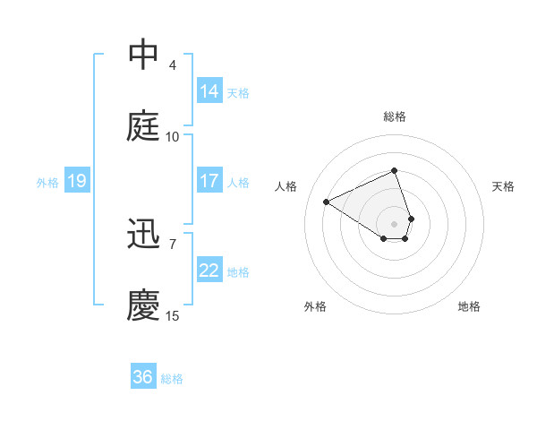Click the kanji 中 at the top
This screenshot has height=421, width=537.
pyautogui.click(x=144, y=55)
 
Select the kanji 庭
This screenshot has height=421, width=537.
pyautogui.click(x=144, y=126)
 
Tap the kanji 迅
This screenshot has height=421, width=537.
pyautogui.click(x=144, y=235)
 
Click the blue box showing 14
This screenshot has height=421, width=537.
pyautogui.click(x=209, y=91)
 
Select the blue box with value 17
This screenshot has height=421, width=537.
pyautogui.click(x=209, y=181)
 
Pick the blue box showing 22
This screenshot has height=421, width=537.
pyautogui.click(x=209, y=271)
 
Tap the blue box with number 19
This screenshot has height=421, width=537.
pyautogui.click(x=76, y=182)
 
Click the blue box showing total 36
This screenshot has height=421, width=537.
pyautogui.click(x=143, y=378)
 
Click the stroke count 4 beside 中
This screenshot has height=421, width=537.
pyautogui.click(x=173, y=64)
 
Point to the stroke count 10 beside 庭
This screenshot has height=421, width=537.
pyautogui.click(x=173, y=136)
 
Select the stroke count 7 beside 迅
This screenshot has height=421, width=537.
pyautogui.click(x=173, y=244)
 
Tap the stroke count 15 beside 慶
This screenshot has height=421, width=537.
pyautogui.click(x=173, y=315)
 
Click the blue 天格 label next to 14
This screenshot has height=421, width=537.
pyautogui.click(x=238, y=92)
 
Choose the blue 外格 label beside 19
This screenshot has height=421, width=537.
pyautogui.click(x=47, y=183)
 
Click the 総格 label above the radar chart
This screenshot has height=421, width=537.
pyautogui.click(x=394, y=116)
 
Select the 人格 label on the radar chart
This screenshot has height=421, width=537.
pyautogui.click(x=286, y=186)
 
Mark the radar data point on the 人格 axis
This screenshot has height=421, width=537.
pyautogui.click(x=327, y=202)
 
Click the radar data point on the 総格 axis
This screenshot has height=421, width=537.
pyautogui.click(x=394, y=170)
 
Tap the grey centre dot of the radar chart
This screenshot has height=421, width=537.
pyautogui.click(x=394, y=223)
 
